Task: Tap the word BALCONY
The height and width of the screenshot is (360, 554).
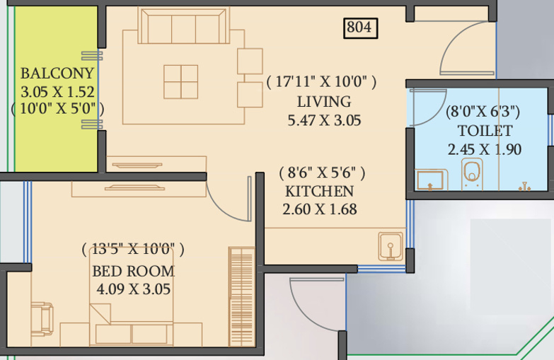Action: (57, 74)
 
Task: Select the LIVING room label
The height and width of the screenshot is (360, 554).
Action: (323, 101)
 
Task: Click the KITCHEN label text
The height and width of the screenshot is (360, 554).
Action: (319, 191)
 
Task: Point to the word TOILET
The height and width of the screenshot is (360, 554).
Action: (485, 131)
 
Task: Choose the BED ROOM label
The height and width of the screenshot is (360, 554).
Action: (133, 271)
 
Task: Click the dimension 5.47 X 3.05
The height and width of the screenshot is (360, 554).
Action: (324, 120)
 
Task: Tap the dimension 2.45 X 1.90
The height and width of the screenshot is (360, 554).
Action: (485, 149)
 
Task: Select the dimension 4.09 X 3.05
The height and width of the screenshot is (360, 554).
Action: (133, 289)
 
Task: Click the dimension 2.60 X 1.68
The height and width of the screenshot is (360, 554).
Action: (320, 209)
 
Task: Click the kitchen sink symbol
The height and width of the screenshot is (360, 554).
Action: (389, 246)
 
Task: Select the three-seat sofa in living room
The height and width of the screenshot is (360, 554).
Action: (183, 28)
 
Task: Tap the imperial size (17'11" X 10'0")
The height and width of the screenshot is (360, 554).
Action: (322, 82)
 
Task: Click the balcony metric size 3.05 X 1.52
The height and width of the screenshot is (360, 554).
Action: (58, 91)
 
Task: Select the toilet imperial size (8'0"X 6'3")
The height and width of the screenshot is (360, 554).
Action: (484, 111)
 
